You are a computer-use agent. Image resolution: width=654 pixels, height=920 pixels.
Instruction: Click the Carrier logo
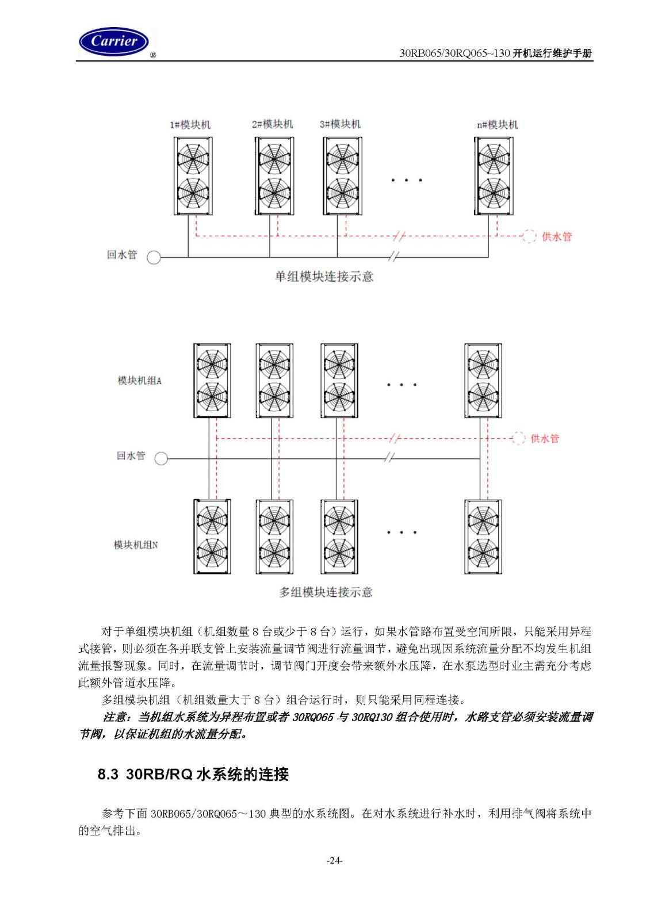pyautogui.click(x=114, y=41)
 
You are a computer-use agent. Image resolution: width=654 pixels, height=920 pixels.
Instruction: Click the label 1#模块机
pyautogui.click(x=190, y=124)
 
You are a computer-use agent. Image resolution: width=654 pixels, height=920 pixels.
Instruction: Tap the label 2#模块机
pyautogui.click(x=273, y=124)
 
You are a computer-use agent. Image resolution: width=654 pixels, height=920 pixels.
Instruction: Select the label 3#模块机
pyautogui.click(x=340, y=124)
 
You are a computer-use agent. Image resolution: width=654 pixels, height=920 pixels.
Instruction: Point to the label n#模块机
pyautogui.click(x=498, y=124)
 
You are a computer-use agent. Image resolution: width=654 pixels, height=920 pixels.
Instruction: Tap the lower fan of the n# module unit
pyautogui.click(x=494, y=193)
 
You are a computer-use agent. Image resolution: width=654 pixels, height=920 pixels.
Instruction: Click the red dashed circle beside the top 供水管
pyautogui.click(x=529, y=236)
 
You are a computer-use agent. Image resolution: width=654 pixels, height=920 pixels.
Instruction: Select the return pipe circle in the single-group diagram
pyautogui.click(x=154, y=258)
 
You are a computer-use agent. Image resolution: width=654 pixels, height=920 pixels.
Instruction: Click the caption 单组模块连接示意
pyautogui.click(x=324, y=277)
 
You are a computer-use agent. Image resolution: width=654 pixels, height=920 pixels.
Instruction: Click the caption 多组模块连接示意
pyautogui.click(x=326, y=592)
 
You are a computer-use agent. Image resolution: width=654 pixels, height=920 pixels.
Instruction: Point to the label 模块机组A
pyautogui.click(x=140, y=381)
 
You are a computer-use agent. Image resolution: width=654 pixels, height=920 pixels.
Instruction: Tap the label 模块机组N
pyautogui.click(x=136, y=545)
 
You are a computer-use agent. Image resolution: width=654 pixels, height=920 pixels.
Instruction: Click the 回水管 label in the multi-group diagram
pyautogui.click(x=131, y=455)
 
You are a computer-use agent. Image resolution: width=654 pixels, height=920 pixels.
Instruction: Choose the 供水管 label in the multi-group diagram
pyautogui.click(x=545, y=439)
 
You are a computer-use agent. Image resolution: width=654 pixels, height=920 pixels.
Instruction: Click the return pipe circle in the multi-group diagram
pyautogui.click(x=161, y=458)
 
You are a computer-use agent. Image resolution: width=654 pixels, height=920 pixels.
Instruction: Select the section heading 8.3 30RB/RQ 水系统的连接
pyautogui.click(x=193, y=774)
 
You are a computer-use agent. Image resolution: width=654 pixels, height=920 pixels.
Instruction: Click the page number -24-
pyautogui.click(x=334, y=860)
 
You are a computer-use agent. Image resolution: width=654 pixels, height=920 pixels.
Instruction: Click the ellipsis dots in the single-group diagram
pyautogui.click(x=406, y=180)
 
